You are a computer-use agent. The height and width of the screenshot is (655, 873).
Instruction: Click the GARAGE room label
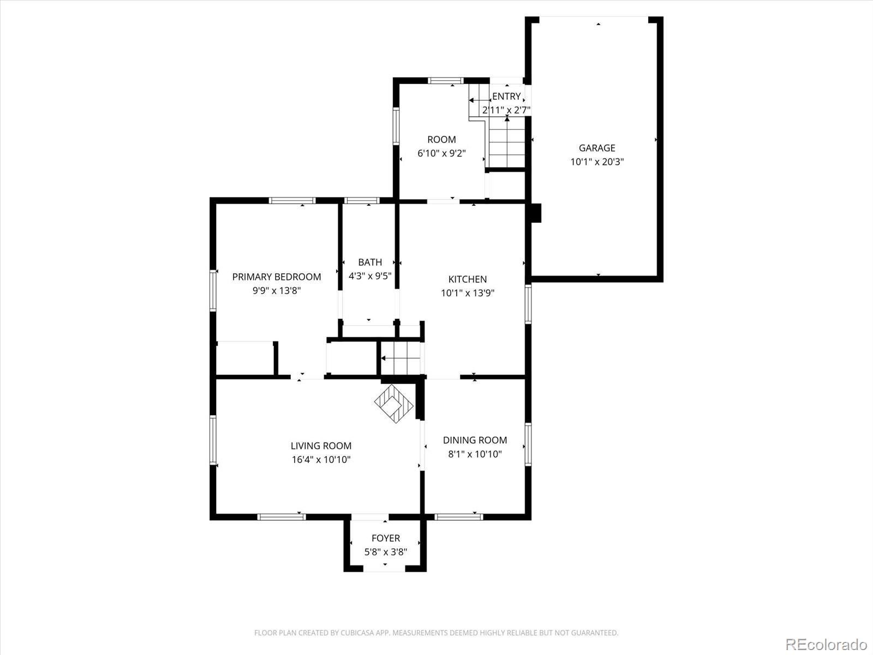tap(597, 148)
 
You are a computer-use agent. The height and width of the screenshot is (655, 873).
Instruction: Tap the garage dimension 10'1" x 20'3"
tap(597, 162)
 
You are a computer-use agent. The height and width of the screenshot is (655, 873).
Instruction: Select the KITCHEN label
tap(468, 279)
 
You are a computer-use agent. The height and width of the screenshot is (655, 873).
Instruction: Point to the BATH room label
tap(370, 262)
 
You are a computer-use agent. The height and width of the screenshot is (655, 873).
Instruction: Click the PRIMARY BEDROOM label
tap(277, 277)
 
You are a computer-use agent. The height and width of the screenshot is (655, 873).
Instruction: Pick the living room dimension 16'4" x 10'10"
tap(321, 460)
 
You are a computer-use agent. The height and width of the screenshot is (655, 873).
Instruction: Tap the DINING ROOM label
tap(475, 440)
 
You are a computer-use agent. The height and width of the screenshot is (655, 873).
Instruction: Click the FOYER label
tap(386, 538)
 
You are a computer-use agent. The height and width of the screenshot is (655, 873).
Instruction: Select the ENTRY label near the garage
tap(506, 97)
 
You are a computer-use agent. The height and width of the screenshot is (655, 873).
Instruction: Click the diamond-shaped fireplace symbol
tap(394, 403)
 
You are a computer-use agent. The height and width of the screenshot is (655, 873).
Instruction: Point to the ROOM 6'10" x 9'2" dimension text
tap(441, 153)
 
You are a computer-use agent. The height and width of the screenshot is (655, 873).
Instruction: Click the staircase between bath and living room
tap(401, 359)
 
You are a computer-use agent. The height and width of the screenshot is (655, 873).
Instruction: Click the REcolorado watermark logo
tap(826, 644)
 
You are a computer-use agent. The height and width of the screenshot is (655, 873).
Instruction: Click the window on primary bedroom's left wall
tap(213, 290)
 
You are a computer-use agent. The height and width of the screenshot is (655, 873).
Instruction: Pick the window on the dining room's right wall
tap(528, 444)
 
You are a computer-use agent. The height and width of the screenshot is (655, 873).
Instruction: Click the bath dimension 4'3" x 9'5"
tap(370, 276)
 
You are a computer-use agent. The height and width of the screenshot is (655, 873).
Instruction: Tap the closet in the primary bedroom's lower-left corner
tap(245, 359)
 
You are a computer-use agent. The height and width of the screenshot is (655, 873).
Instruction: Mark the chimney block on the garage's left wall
tap(536, 213)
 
